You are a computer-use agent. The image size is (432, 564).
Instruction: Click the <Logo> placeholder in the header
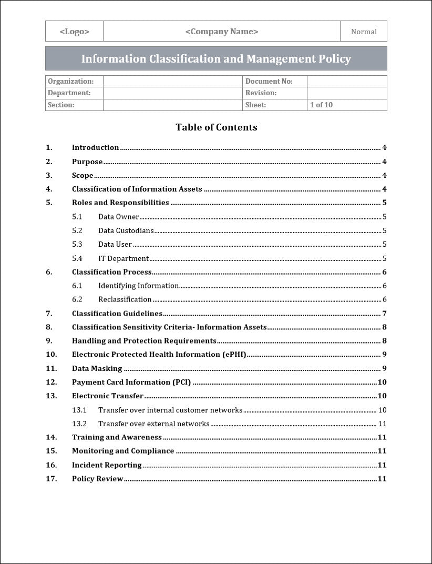[74, 32]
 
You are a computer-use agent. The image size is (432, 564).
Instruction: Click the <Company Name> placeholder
[221, 32]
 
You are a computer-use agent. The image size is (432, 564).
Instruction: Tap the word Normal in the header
[364, 32]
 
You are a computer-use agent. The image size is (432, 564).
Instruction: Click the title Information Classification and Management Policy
[216, 59]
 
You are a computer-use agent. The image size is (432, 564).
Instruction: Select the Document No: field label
[269, 82]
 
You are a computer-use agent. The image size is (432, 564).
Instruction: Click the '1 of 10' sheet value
[321, 105]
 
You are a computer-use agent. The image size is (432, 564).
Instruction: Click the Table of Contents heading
[216, 127]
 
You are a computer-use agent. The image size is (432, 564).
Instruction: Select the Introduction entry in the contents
[95, 148]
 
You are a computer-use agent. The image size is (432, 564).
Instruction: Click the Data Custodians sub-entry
[126, 230]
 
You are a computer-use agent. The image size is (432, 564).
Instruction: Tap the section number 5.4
[77, 258]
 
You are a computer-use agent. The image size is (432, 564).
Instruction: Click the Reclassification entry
[125, 299]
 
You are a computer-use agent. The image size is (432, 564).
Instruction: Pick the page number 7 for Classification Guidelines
[384, 314]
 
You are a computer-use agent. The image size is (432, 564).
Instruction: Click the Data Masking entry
[97, 368]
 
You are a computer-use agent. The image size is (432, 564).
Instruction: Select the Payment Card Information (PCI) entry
[131, 382]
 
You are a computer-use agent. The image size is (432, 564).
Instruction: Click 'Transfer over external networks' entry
[153, 424]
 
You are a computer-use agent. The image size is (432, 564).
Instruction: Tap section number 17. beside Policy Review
[51, 479]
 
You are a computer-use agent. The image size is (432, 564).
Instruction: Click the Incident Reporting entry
[107, 465]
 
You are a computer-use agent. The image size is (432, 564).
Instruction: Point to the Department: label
[69, 93]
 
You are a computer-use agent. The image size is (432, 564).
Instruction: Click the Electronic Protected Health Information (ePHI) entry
[159, 355]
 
